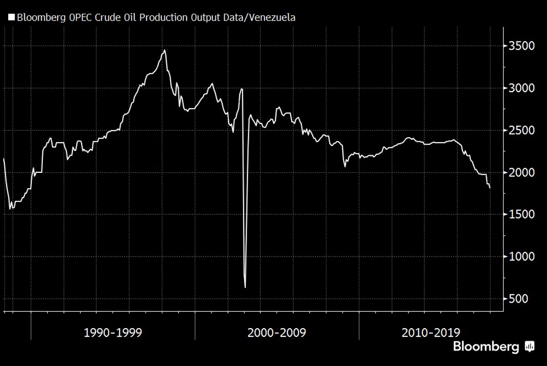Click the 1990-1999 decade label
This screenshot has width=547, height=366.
pyautogui.click(x=113, y=333)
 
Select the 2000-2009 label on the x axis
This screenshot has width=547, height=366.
pyautogui.click(x=277, y=333)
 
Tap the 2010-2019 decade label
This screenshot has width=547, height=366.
pyautogui.click(x=431, y=333)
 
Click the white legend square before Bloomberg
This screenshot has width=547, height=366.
pyautogui.click(x=11, y=18)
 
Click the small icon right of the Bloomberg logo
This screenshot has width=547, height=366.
pyautogui.click(x=530, y=346)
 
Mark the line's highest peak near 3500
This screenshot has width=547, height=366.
pyautogui.click(x=165, y=50)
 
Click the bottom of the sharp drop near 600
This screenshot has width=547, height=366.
pyautogui.click(x=245, y=288)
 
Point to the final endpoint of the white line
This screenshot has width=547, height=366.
pyautogui.click(x=490, y=187)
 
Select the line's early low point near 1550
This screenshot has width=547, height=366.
pyautogui.click(x=10, y=209)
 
